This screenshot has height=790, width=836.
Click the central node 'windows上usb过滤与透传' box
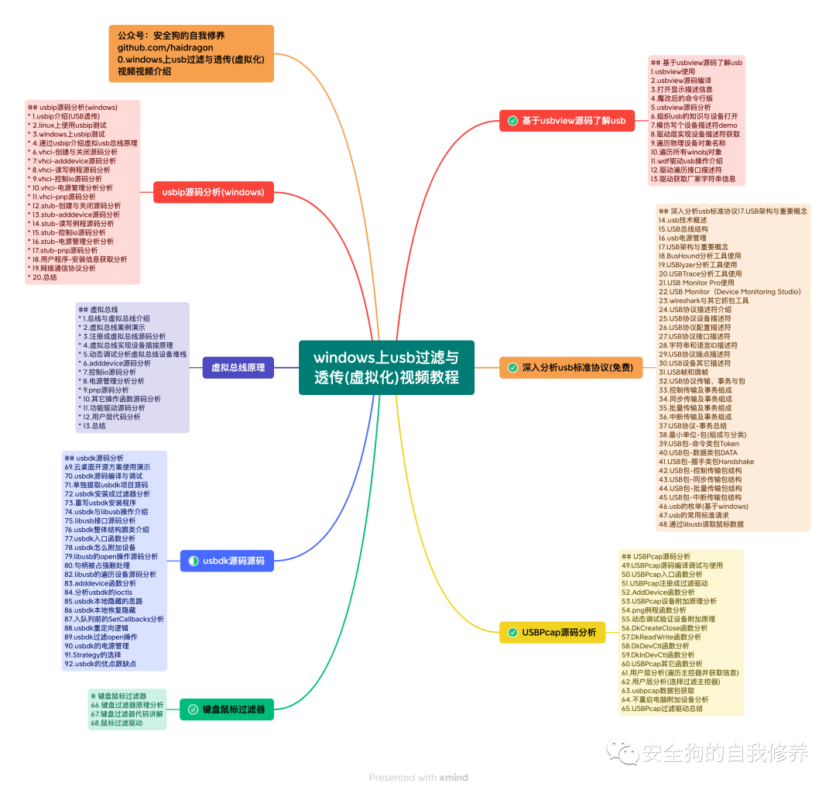pyautogui.click(x=385, y=367)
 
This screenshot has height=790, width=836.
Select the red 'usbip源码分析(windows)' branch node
pyautogui.click(x=213, y=191)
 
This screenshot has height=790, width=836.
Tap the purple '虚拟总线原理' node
pyautogui.click(x=238, y=367)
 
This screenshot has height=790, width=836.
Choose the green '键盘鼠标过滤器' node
pyautogui.click(x=228, y=709)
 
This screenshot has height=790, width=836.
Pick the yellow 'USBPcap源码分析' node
pyautogui.click(x=552, y=633)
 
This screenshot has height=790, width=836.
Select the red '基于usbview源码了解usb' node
pyautogui.click(x=567, y=121)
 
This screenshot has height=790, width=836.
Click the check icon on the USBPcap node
pyautogui.click(x=512, y=633)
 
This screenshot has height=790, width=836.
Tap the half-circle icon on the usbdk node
pyautogui.click(x=193, y=561)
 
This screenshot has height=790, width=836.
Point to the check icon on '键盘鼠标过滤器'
pyautogui.click(x=193, y=709)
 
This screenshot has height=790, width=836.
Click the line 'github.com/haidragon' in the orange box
pyautogui.click(x=166, y=47)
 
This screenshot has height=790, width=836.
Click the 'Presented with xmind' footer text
pyautogui.click(x=418, y=777)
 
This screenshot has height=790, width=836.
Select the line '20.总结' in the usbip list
pyautogui.click(x=43, y=276)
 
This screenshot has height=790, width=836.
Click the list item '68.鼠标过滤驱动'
pyautogui.click(x=117, y=723)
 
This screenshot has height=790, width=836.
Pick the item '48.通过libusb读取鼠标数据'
pyautogui.click(x=701, y=524)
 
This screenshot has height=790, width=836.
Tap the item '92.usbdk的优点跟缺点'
pyautogui.click(x=101, y=664)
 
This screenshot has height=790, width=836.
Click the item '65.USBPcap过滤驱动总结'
pyautogui.click(x=662, y=708)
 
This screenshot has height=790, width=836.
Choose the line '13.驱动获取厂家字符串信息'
pyautogui.click(x=693, y=178)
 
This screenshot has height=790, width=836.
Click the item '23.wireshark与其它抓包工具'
pyautogui.click(x=704, y=301)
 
